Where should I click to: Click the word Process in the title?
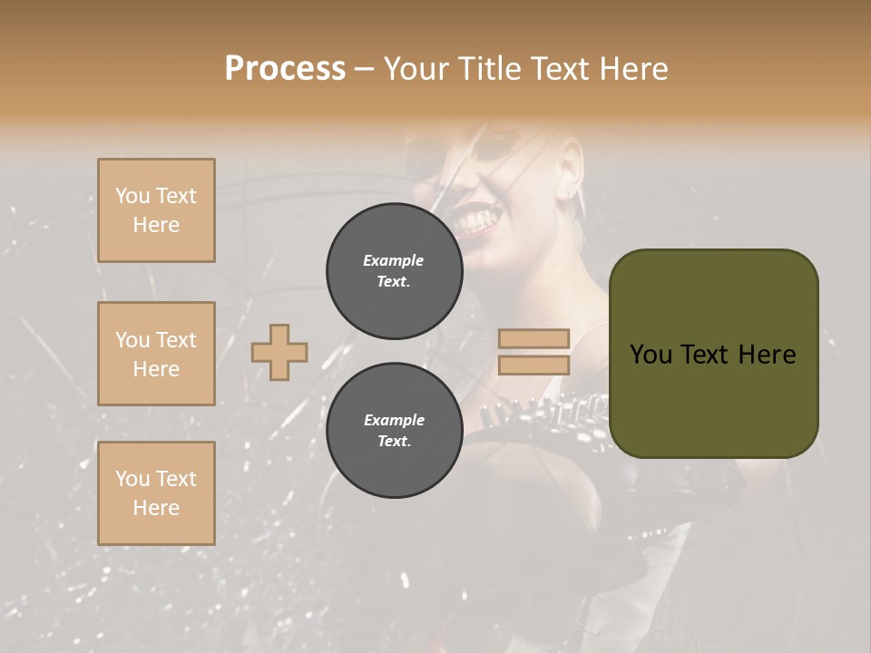click(285, 69)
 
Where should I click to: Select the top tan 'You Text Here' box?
click(156, 210)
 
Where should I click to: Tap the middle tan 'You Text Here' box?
click(156, 354)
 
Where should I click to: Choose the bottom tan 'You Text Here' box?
click(156, 493)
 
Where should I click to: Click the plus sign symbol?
click(279, 352)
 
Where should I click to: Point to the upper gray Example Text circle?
click(394, 271)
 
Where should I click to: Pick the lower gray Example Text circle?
click(394, 431)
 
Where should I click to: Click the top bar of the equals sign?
click(534, 339)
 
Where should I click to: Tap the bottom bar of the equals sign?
click(534, 365)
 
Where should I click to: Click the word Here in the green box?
click(767, 355)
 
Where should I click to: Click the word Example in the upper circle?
click(394, 260)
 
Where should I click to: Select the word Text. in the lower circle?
click(394, 442)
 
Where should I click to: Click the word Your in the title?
click(416, 69)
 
